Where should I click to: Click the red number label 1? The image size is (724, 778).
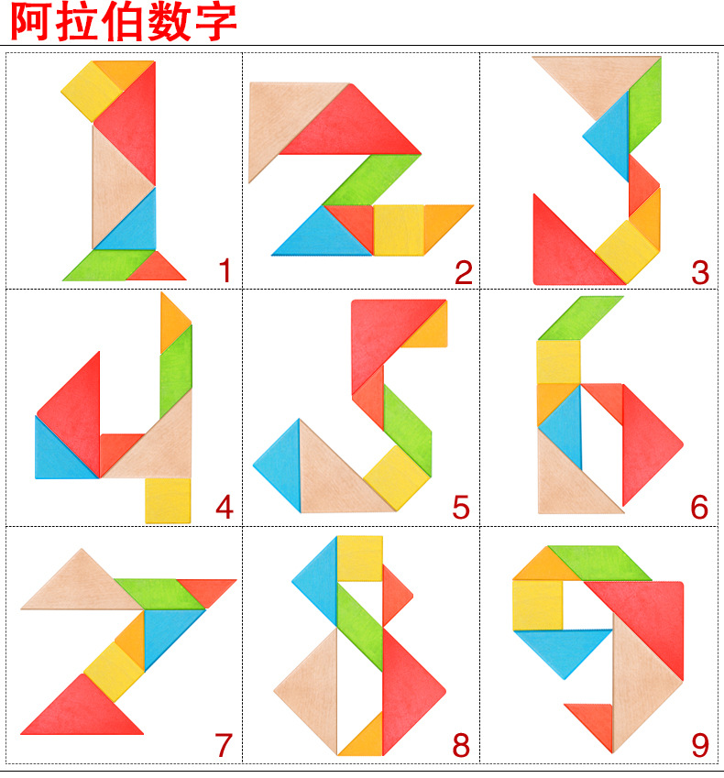[x=225, y=271]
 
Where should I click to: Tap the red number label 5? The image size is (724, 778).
[x=461, y=507]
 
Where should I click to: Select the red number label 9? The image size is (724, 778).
[x=699, y=745]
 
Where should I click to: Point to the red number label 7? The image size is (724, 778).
[x=224, y=745]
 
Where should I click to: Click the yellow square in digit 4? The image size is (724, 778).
[x=168, y=500]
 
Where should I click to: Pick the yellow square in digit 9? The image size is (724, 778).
[x=538, y=604]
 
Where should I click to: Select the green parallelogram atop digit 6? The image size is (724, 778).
[x=579, y=318]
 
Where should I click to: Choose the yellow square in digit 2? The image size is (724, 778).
[x=399, y=229]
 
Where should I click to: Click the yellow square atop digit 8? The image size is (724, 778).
[x=359, y=557]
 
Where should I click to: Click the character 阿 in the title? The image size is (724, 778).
[x=38, y=22]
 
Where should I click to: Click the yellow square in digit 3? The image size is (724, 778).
[x=627, y=249]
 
